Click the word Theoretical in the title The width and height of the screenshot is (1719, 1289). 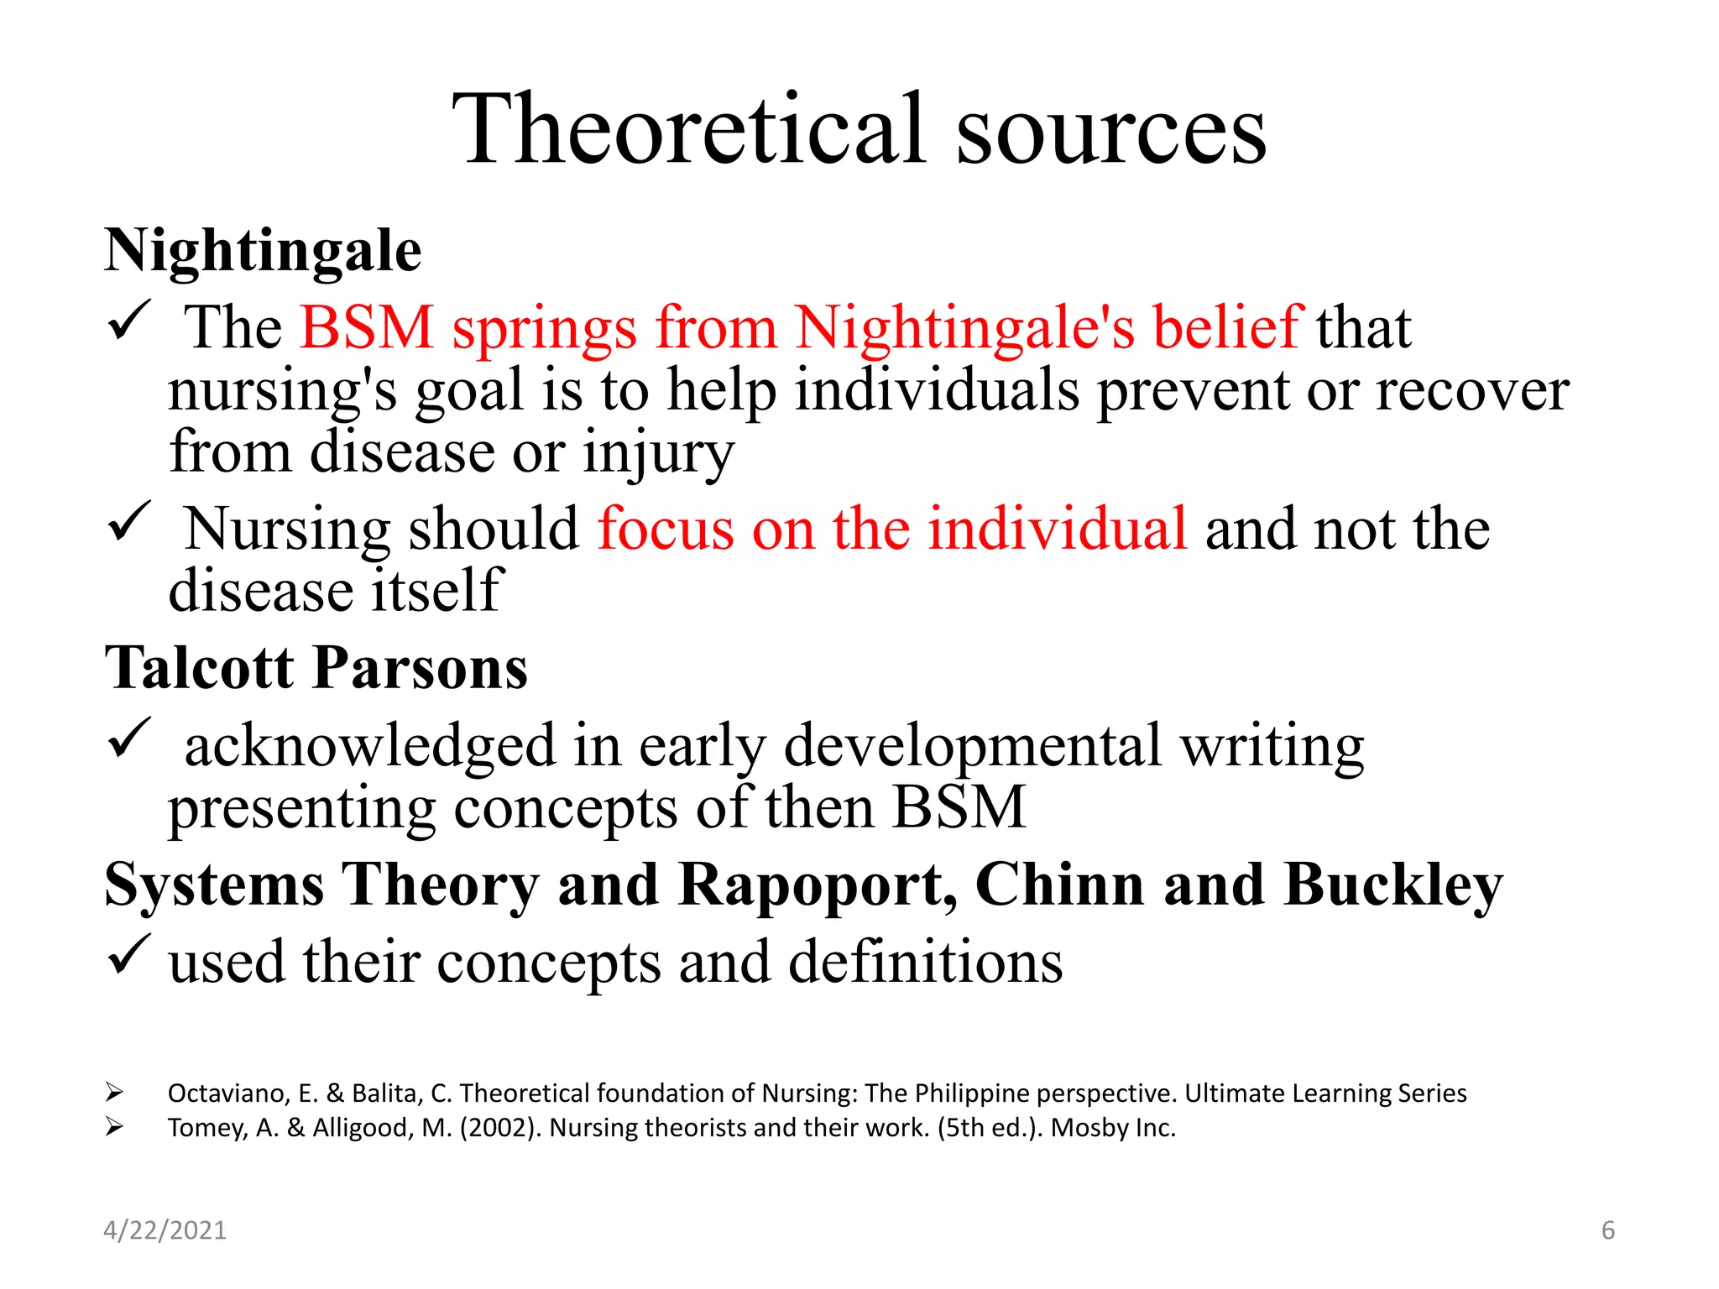pyautogui.click(x=688, y=130)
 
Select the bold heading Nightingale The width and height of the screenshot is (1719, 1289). pyautogui.click(x=263, y=251)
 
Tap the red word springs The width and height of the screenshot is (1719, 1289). pyautogui.click(x=545, y=329)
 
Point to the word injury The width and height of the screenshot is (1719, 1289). pyautogui.click(x=658, y=453)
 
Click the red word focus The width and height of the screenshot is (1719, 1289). pyautogui.click(x=666, y=530)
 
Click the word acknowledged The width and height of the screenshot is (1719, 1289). pyautogui.click(x=370, y=746)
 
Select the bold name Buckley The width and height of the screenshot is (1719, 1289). pyautogui.click(x=1393, y=886)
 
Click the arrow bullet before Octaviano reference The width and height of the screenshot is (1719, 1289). pyautogui.click(x=114, y=1093)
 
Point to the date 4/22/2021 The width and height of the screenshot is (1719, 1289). pyautogui.click(x=165, y=1230)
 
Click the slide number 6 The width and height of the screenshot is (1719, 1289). pyautogui.click(x=1607, y=1230)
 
